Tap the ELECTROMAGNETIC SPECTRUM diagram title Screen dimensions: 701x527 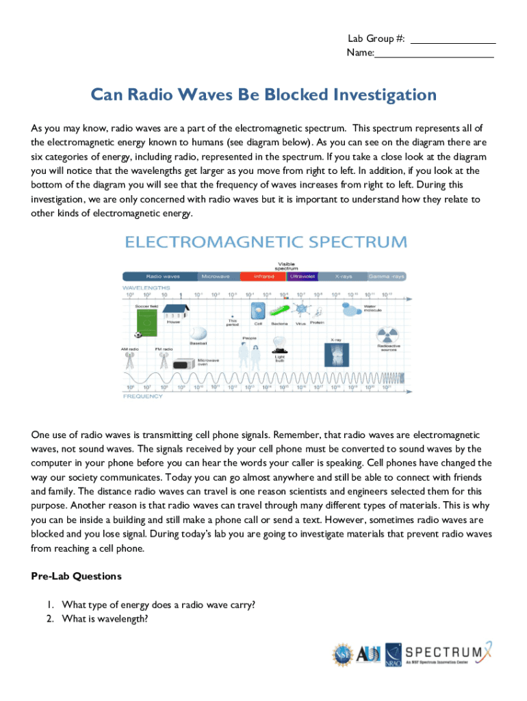(x=265, y=242)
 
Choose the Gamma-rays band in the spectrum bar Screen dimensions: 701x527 (x=386, y=277)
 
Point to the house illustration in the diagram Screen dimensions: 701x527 (x=174, y=311)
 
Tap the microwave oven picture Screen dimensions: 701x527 (x=183, y=365)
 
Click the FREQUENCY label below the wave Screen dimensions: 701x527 (x=143, y=396)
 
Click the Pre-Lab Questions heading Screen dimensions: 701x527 (x=76, y=576)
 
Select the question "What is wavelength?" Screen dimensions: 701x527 (x=104, y=619)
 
